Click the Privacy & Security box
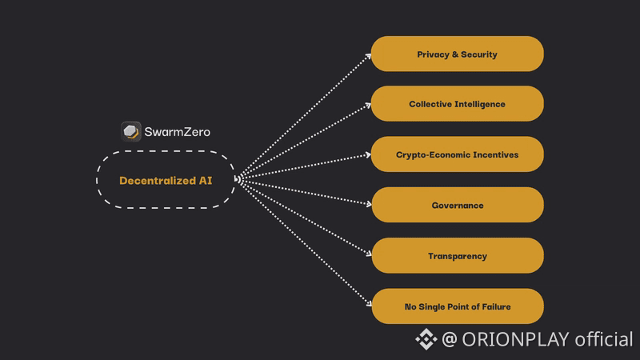click(457, 54)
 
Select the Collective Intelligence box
click(457, 104)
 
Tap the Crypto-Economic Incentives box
click(457, 154)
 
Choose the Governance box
click(457, 206)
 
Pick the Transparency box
click(457, 256)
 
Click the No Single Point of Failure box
click(457, 306)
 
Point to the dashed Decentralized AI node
click(166, 180)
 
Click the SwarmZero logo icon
click(131, 131)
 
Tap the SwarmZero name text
click(177, 131)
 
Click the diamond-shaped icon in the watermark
click(426, 339)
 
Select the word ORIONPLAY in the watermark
click(516, 339)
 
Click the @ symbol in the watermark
click(450, 340)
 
